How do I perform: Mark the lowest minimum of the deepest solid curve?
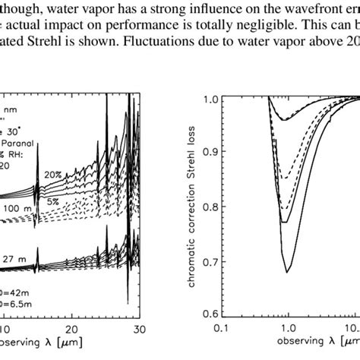287,271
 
